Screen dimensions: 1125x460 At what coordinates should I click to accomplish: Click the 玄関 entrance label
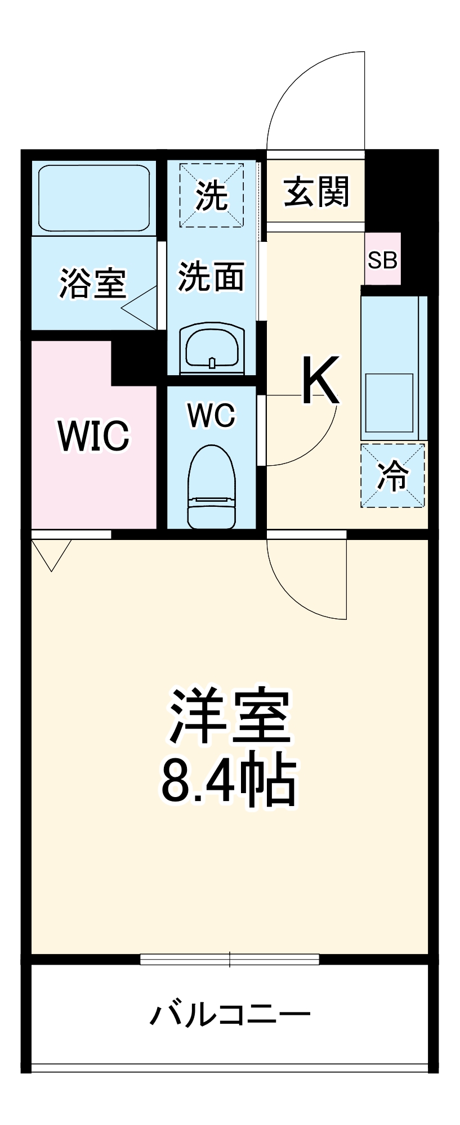pos(316,192)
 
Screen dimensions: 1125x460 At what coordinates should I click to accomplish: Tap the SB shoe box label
pos(383,260)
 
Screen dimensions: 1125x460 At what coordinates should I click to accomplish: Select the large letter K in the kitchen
pos(321,380)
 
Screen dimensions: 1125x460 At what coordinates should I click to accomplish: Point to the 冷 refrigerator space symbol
pos(392,476)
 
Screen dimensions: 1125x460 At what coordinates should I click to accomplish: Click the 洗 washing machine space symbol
pos(212,195)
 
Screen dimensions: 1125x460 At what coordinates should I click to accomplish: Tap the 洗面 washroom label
pos(211,276)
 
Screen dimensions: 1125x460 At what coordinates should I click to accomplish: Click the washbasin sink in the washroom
pos(212,349)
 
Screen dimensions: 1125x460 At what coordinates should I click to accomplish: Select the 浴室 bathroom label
pos(93,283)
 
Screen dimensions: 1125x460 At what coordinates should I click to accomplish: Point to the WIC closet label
pos(94,435)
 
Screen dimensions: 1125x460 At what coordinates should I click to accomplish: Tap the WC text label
pos(211,416)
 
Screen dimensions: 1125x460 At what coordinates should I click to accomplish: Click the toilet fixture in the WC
pos(211,487)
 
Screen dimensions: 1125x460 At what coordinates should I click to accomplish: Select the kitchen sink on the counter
pos(390,402)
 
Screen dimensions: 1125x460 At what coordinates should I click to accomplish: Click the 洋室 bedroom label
pos(230,715)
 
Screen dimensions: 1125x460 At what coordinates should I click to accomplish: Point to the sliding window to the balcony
pos(230,959)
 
